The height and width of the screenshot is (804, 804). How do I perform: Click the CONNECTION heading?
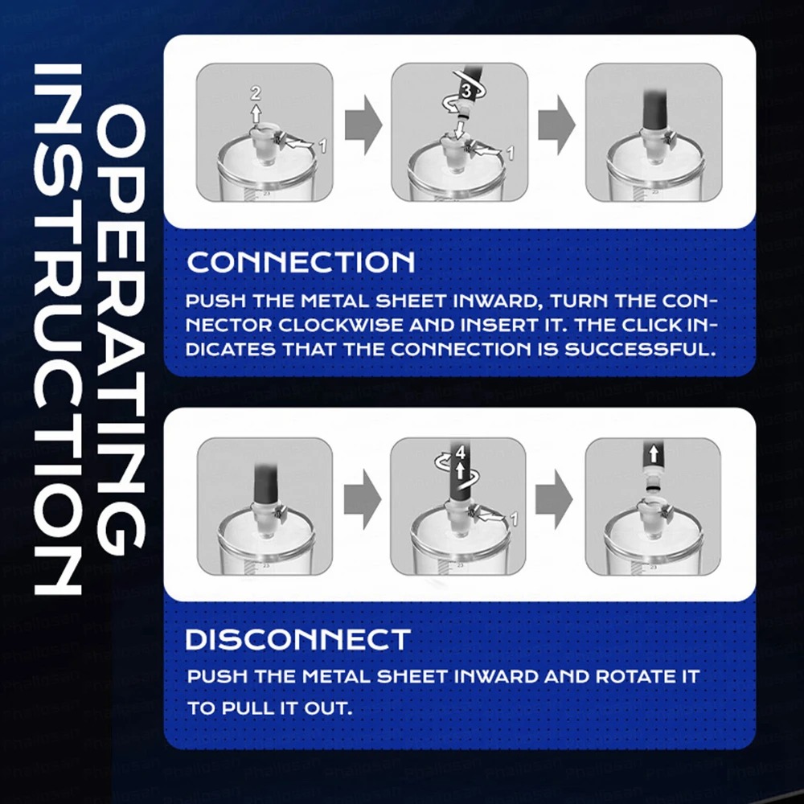(301, 262)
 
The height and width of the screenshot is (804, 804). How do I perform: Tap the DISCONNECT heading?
(298, 639)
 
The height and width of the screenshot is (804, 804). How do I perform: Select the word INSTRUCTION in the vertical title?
(57, 329)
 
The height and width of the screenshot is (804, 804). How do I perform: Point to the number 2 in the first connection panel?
(256, 92)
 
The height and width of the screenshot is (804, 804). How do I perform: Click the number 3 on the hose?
(466, 92)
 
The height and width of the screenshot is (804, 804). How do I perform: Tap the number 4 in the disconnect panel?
(461, 453)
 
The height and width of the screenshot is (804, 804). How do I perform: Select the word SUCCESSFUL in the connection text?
(640, 349)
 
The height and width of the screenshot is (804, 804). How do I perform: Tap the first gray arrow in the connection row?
(363, 125)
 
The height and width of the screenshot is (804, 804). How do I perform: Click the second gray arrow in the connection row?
(557, 125)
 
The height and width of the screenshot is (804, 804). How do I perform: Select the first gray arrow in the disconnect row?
(363, 499)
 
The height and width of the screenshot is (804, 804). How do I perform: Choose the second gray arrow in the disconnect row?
(554, 499)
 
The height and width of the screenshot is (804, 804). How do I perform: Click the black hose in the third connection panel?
(654, 109)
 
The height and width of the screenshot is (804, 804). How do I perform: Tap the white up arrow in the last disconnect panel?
(653, 453)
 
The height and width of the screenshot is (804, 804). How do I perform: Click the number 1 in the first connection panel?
(322, 146)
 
